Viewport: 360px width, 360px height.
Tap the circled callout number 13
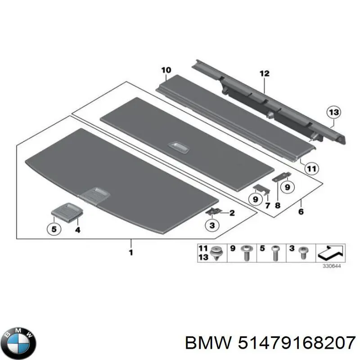point(333,112)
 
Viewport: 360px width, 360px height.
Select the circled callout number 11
point(311,169)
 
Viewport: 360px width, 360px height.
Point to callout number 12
point(265,74)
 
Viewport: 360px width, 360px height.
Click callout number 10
point(166,70)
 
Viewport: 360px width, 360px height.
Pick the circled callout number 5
point(54,229)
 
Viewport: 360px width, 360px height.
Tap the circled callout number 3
point(212,225)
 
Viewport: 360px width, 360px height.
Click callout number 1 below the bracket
point(131,252)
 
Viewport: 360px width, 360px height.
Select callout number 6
point(301,211)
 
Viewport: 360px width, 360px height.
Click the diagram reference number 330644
point(332,266)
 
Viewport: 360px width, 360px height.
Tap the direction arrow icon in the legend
point(331,252)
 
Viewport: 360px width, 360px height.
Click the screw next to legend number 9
point(247,252)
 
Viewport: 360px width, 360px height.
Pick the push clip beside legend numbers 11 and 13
point(216,253)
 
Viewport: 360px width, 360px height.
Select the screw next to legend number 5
point(275,253)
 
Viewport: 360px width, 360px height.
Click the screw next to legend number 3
point(303,253)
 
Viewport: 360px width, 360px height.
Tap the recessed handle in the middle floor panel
point(179,148)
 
